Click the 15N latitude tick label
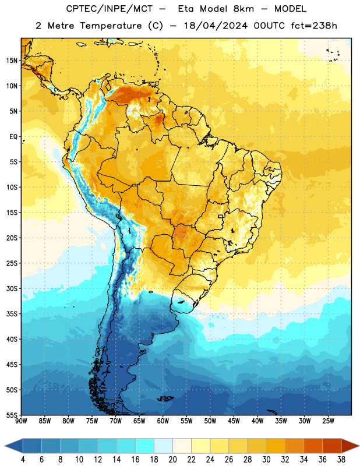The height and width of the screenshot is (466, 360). [12, 61]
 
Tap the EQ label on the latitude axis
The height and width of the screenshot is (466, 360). [13, 137]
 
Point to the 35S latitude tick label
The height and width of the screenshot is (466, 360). [12, 314]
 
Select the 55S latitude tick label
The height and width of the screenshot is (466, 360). [12, 415]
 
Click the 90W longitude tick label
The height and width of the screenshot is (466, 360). [21, 421]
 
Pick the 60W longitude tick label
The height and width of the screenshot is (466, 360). [163, 421]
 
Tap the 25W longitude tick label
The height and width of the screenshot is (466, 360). [328, 421]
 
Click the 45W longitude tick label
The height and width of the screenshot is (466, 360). [234, 421]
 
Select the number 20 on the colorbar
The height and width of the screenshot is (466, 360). [172, 460]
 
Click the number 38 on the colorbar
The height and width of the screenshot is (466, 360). [341, 460]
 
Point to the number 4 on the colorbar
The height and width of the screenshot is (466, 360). [23, 460]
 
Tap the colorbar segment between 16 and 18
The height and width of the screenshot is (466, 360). [145, 446]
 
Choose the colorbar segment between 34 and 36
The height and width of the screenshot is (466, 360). [313, 446]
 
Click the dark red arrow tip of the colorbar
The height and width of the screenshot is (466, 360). [355, 446]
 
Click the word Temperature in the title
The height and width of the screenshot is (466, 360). [111, 26]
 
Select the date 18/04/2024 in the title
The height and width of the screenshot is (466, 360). [216, 26]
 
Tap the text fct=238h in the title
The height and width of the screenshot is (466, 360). [314, 26]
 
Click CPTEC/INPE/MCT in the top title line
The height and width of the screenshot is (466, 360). [110, 9]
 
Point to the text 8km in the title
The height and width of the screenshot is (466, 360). [243, 9]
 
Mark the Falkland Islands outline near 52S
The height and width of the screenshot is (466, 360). [165, 398]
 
